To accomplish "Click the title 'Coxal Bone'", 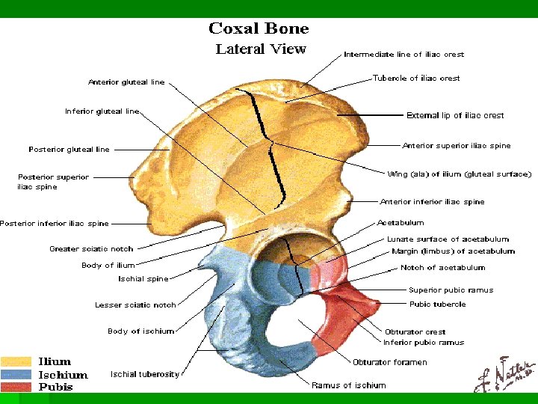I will tap(259, 29).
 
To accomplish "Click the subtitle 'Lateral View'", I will tap(261, 49).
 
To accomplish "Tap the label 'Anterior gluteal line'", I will tap(126, 82).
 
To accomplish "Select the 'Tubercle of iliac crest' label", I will tap(416, 78).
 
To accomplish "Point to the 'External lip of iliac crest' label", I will tap(455, 115).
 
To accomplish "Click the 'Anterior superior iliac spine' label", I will tap(457, 146).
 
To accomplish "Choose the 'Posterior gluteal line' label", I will tap(69, 150).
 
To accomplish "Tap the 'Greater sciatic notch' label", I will tap(91, 248).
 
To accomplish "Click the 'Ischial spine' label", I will tap(143, 279).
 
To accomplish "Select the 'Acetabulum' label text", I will tap(401, 222).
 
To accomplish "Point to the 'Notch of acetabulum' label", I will tap(442, 267).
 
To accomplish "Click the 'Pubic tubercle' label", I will tap(437, 304).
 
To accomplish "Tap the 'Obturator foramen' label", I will tap(390, 362).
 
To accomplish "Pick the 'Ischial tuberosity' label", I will tap(145, 373).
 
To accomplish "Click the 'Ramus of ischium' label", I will tap(349, 385).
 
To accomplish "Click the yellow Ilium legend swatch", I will tap(16, 362).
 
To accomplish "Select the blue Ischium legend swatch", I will tap(16, 374).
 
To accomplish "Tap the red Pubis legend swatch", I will tap(16, 387).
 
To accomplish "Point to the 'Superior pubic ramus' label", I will tap(451, 290).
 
